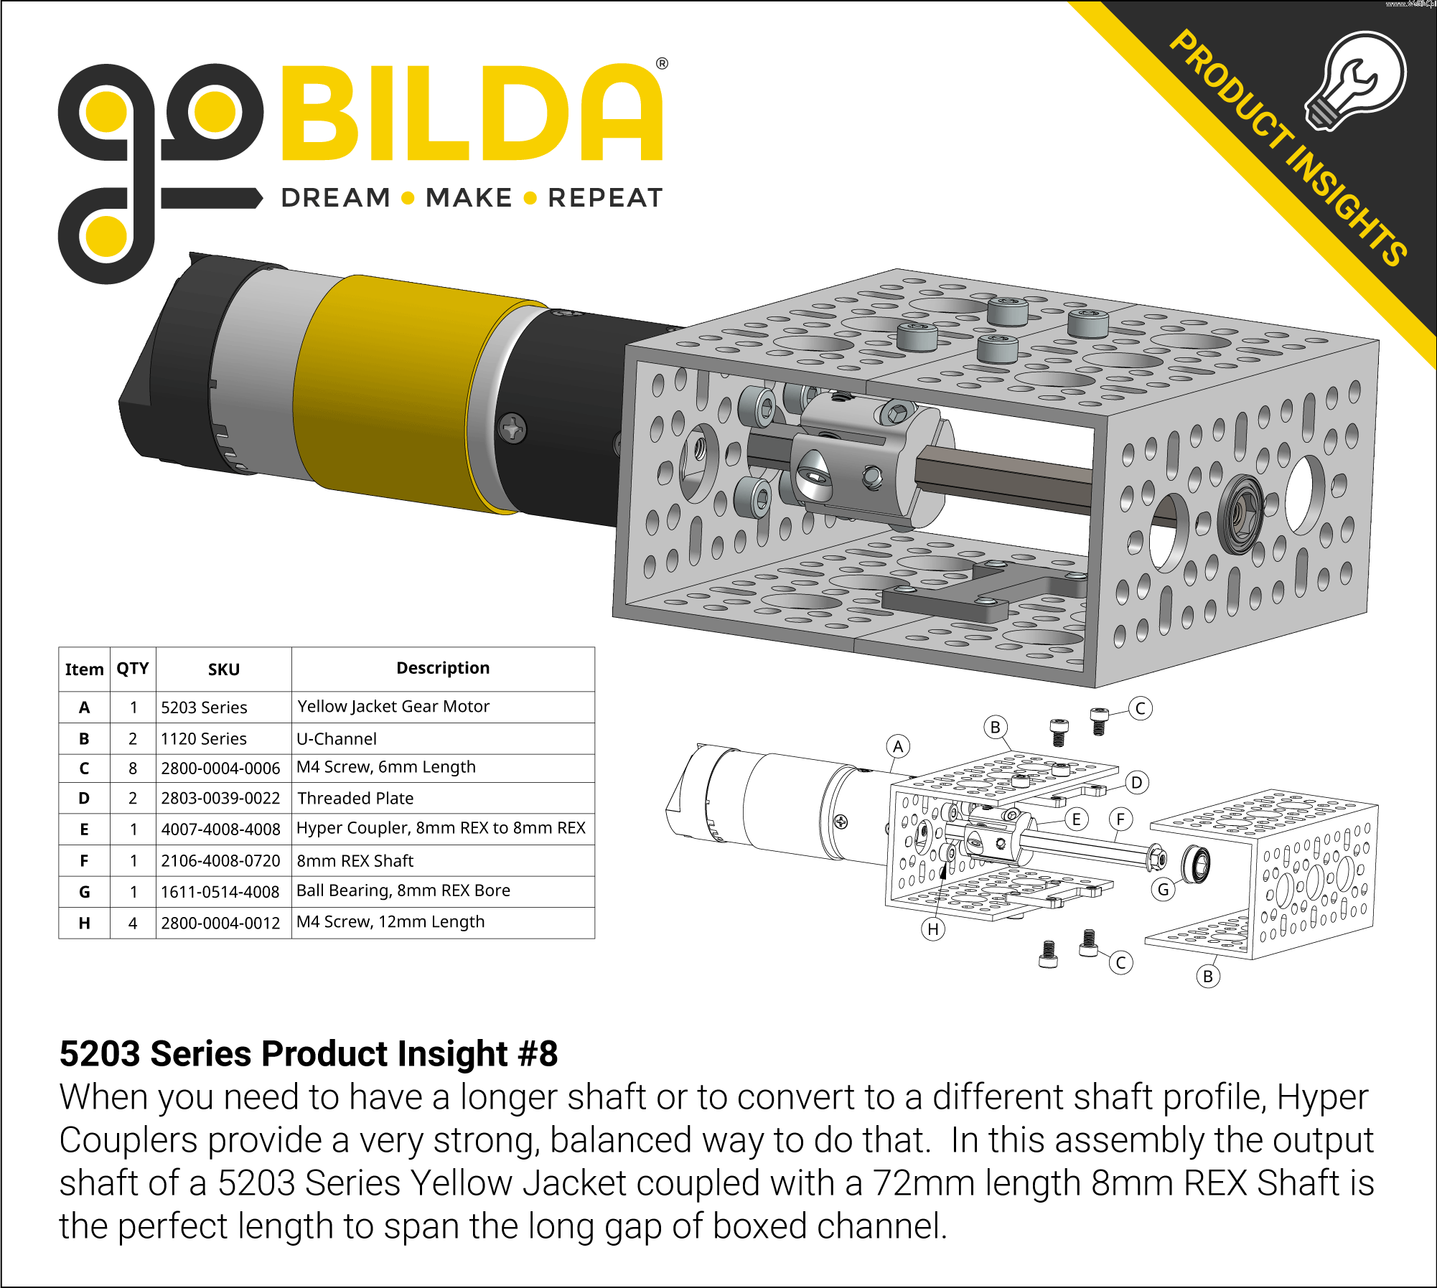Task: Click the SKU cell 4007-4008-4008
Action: (220, 829)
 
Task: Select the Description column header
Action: (443, 668)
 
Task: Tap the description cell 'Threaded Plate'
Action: (355, 798)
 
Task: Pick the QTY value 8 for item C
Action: (133, 768)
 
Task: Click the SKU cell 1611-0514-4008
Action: (220, 892)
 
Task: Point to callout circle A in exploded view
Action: (898, 746)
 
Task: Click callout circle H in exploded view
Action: (932, 929)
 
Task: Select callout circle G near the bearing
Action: (1164, 890)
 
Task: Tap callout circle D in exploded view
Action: (1136, 782)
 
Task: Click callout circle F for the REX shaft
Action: (1120, 819)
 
